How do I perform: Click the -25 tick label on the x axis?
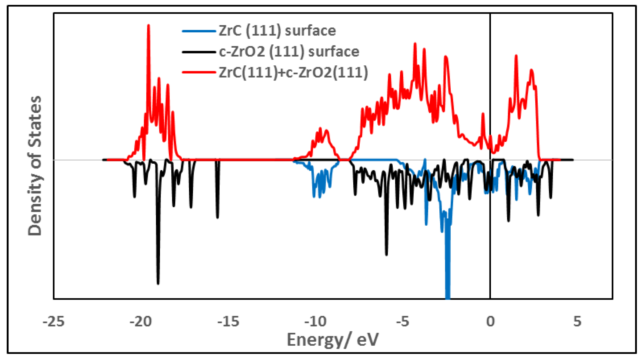coord(54,322)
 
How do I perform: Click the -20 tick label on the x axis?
coord(141,322)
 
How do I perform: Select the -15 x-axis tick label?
coord(228,322)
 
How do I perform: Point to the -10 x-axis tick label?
coord(315,322)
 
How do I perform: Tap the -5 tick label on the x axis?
coord(403,322)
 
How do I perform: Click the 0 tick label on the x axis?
coord(490,322)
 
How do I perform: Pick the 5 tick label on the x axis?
coord(577,322)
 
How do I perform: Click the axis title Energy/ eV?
coord(333,340)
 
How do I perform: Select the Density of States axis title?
coord(35,166)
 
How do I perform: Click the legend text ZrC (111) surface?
coord(277,31)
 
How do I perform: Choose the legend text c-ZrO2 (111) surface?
coord(289,52)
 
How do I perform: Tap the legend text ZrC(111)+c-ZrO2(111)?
coord(293,73)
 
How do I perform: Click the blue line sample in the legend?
coord(199,31)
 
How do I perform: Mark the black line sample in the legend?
coord(199,52)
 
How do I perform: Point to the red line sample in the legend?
coord(199,73)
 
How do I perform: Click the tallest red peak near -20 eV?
coord(149,26)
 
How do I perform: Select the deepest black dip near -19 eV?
coord(158,283)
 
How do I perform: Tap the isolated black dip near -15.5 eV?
coord(217,217)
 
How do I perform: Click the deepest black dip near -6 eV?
coord(387,254)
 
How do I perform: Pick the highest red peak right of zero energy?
coord(516,56)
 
